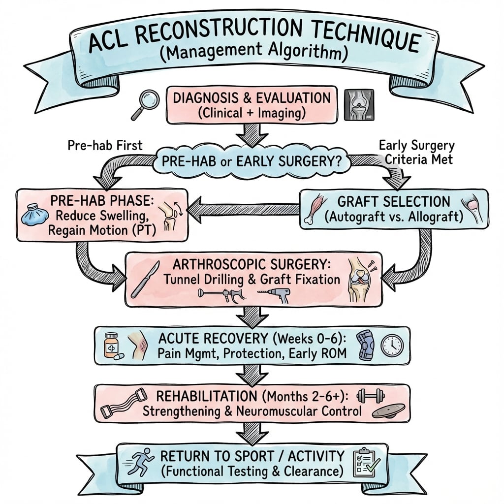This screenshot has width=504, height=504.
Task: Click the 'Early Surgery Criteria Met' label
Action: tap(417, 153)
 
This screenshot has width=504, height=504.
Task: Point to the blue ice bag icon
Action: tap(35, 215)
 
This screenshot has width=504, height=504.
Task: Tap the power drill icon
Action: tap(274, 296)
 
